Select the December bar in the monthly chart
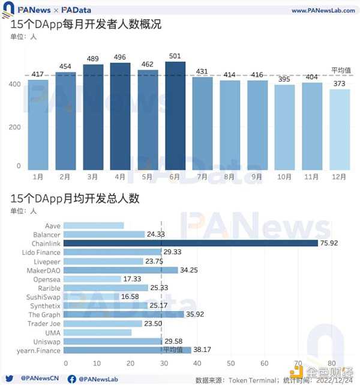point(340,129)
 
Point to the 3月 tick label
point(93,177)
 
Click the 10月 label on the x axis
point(285,177)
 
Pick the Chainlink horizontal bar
point(190,243)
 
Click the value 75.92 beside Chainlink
point(331,243)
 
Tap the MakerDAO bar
point(121,270)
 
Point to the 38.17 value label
point(203,350)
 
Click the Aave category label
point(53,226)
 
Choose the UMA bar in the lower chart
point(97,332)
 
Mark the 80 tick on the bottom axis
point(332,363)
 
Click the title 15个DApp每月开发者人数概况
point(86,25)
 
